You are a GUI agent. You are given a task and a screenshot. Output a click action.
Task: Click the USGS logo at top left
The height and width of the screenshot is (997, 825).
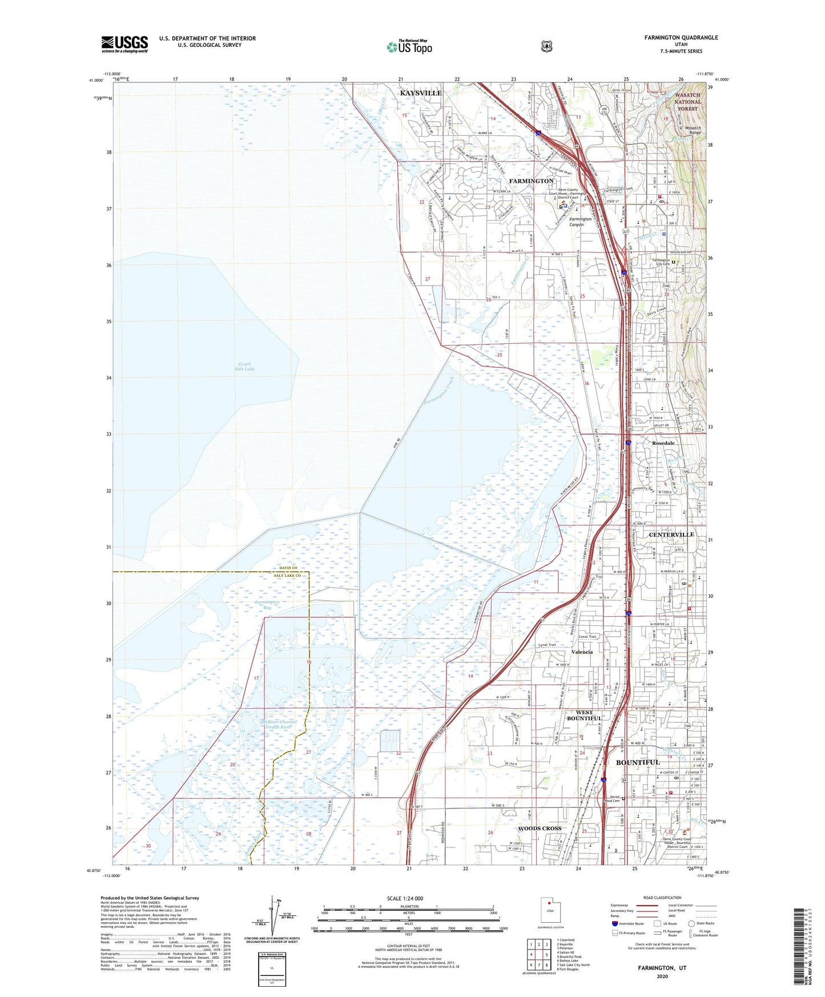coord(124,44)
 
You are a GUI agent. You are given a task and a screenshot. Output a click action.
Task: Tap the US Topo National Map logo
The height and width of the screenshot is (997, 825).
coord(409,47)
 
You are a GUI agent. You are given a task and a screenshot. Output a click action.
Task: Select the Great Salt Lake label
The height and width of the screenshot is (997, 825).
coord(244,366)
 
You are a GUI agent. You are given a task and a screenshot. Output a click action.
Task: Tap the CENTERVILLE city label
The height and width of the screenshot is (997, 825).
coord(671,534)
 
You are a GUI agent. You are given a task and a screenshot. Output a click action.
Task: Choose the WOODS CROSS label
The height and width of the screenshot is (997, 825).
coord(540,828)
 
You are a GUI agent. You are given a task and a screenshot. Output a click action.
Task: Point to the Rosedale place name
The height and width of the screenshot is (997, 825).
coord(663,443)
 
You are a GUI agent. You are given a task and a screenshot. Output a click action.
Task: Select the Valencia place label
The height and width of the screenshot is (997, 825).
coord(582,652)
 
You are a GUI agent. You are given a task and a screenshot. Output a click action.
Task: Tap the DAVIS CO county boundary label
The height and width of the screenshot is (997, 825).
coord(288,568)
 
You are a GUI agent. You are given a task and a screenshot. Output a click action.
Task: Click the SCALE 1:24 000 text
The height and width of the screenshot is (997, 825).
coord(405,898)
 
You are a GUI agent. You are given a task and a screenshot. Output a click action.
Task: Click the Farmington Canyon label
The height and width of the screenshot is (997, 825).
coord(579,222)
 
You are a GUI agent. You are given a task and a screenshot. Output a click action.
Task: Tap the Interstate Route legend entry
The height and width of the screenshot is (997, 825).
coord(628,923)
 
